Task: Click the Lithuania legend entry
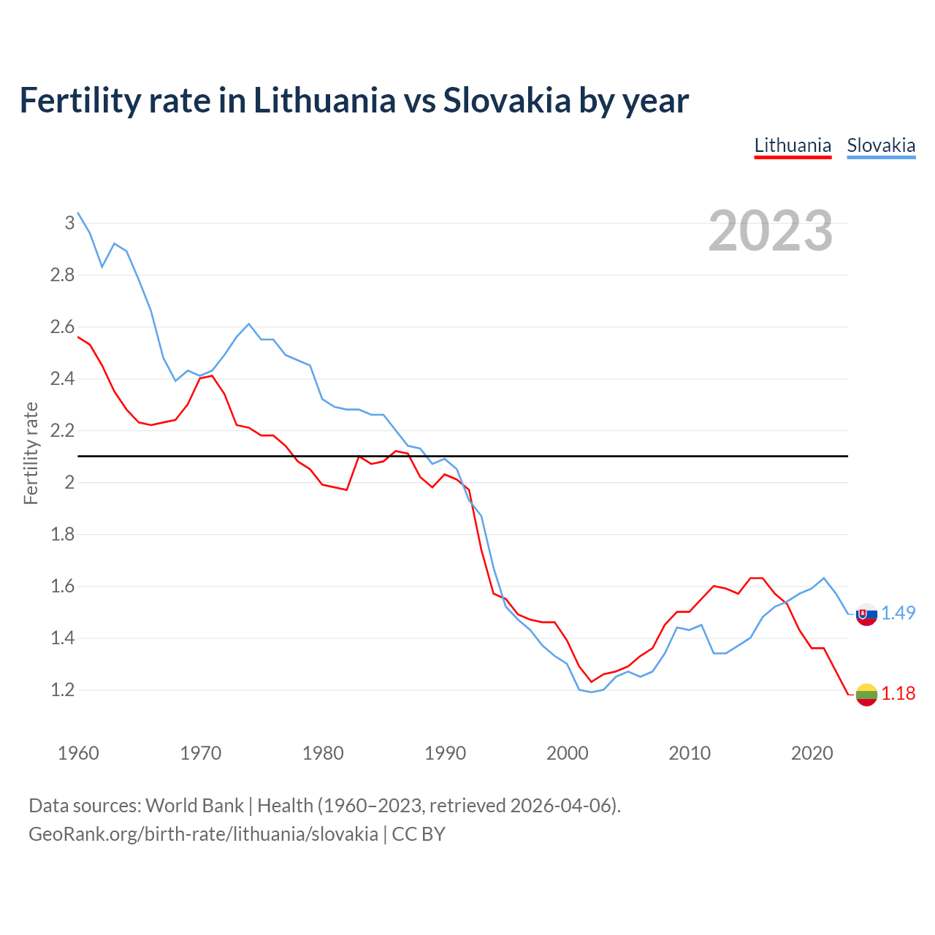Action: click(x=793, y=145)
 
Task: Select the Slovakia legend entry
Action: click(x=881, y=145)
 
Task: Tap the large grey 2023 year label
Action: click(x=771, y=231)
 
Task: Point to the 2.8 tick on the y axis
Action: click(x=62, y=275)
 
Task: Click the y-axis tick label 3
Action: click(x=69, y=223)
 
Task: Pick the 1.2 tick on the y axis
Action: click(x=62, y=690)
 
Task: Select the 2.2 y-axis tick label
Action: click(x=62, y=431)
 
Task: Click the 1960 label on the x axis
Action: click(x=78, y=753)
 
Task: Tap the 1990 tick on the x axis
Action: click(x=445, y=753)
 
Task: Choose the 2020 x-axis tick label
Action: click(x=812, y=753)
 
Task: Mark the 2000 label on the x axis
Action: click(x=567, y=753)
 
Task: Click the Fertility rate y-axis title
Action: click(x=31, y=453)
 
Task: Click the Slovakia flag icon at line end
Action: click(x=866, y=614)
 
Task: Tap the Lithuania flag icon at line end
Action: click(x=866, y=695)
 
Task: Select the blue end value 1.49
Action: click(x=898, y=614)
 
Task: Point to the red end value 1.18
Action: click(x=898, y=694)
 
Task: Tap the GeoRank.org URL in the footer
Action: click(x=203, y=834)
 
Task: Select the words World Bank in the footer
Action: click(x=194, y=806)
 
